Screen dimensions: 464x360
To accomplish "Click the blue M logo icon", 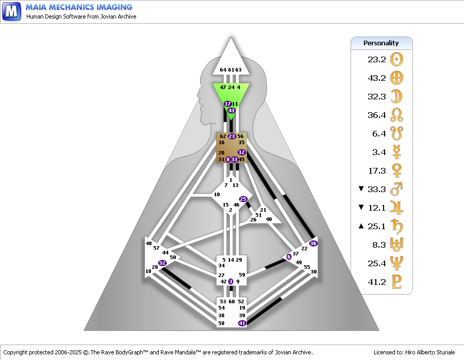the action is click(x=11, y=11).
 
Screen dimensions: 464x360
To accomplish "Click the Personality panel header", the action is click(x=382, y=43).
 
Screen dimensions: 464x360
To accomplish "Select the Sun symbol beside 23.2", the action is click(x=396, y=59).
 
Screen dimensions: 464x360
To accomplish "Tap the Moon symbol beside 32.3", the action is click(x=396, y=96).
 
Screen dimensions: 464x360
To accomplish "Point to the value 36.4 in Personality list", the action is click(x=377, y=115).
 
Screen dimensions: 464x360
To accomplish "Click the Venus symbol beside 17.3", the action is click(x=396, y=170).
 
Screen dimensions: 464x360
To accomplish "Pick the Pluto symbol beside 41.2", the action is click(x=396, y=282).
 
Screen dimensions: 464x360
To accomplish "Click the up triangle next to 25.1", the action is click(x=361, y=226).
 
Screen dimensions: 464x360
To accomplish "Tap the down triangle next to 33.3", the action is click(x=361, y=188).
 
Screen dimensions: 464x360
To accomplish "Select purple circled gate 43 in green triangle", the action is click(x=231, y=111).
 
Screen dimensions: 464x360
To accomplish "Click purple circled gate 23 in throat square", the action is click(x=231, y=136).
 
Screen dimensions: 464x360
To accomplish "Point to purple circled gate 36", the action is click(x=313, y=243).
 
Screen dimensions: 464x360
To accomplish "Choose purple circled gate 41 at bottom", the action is click(x=242, y=323).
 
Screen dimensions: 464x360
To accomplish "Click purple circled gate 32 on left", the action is click(x=162, y=263).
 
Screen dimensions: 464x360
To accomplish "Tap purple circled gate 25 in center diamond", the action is click(x=243, y=199).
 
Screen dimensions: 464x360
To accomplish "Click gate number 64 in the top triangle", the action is click(x=223, y=70).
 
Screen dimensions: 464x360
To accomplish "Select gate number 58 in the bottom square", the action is click(x=221, y=323).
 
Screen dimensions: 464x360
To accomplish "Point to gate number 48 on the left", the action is click(x=148, y=243).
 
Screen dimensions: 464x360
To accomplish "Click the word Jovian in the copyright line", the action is click(x=283, y=352).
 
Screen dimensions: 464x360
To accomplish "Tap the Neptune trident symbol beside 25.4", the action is click(x=396, y=263).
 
